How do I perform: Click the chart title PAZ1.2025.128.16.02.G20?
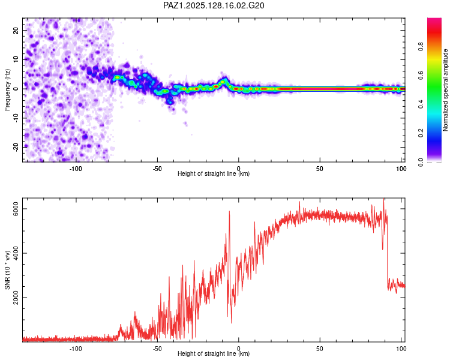(214, 5)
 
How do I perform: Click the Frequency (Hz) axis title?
(7, 90)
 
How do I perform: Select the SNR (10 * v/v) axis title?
(7, 270)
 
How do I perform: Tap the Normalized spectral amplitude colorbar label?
(445, 90)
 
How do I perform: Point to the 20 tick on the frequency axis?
(16, 31)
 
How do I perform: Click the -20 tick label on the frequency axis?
(16, 148)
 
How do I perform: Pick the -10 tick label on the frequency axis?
(16, 118)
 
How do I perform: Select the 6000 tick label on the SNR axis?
(16, 209)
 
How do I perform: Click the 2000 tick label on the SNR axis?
(16, 298)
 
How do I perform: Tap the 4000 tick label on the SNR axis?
(16, 253)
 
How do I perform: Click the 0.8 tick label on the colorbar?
(421, 46)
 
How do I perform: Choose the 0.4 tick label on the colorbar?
(421, 104)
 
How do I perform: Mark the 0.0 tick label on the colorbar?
(421, 162)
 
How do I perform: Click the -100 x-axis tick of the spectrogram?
(76, 169)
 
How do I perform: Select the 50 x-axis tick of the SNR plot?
(320, 349)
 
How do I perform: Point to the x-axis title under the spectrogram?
(214, 173)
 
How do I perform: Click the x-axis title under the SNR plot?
(214, 353)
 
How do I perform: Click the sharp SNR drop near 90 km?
(387, 253)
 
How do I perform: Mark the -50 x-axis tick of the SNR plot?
(157, 349)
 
